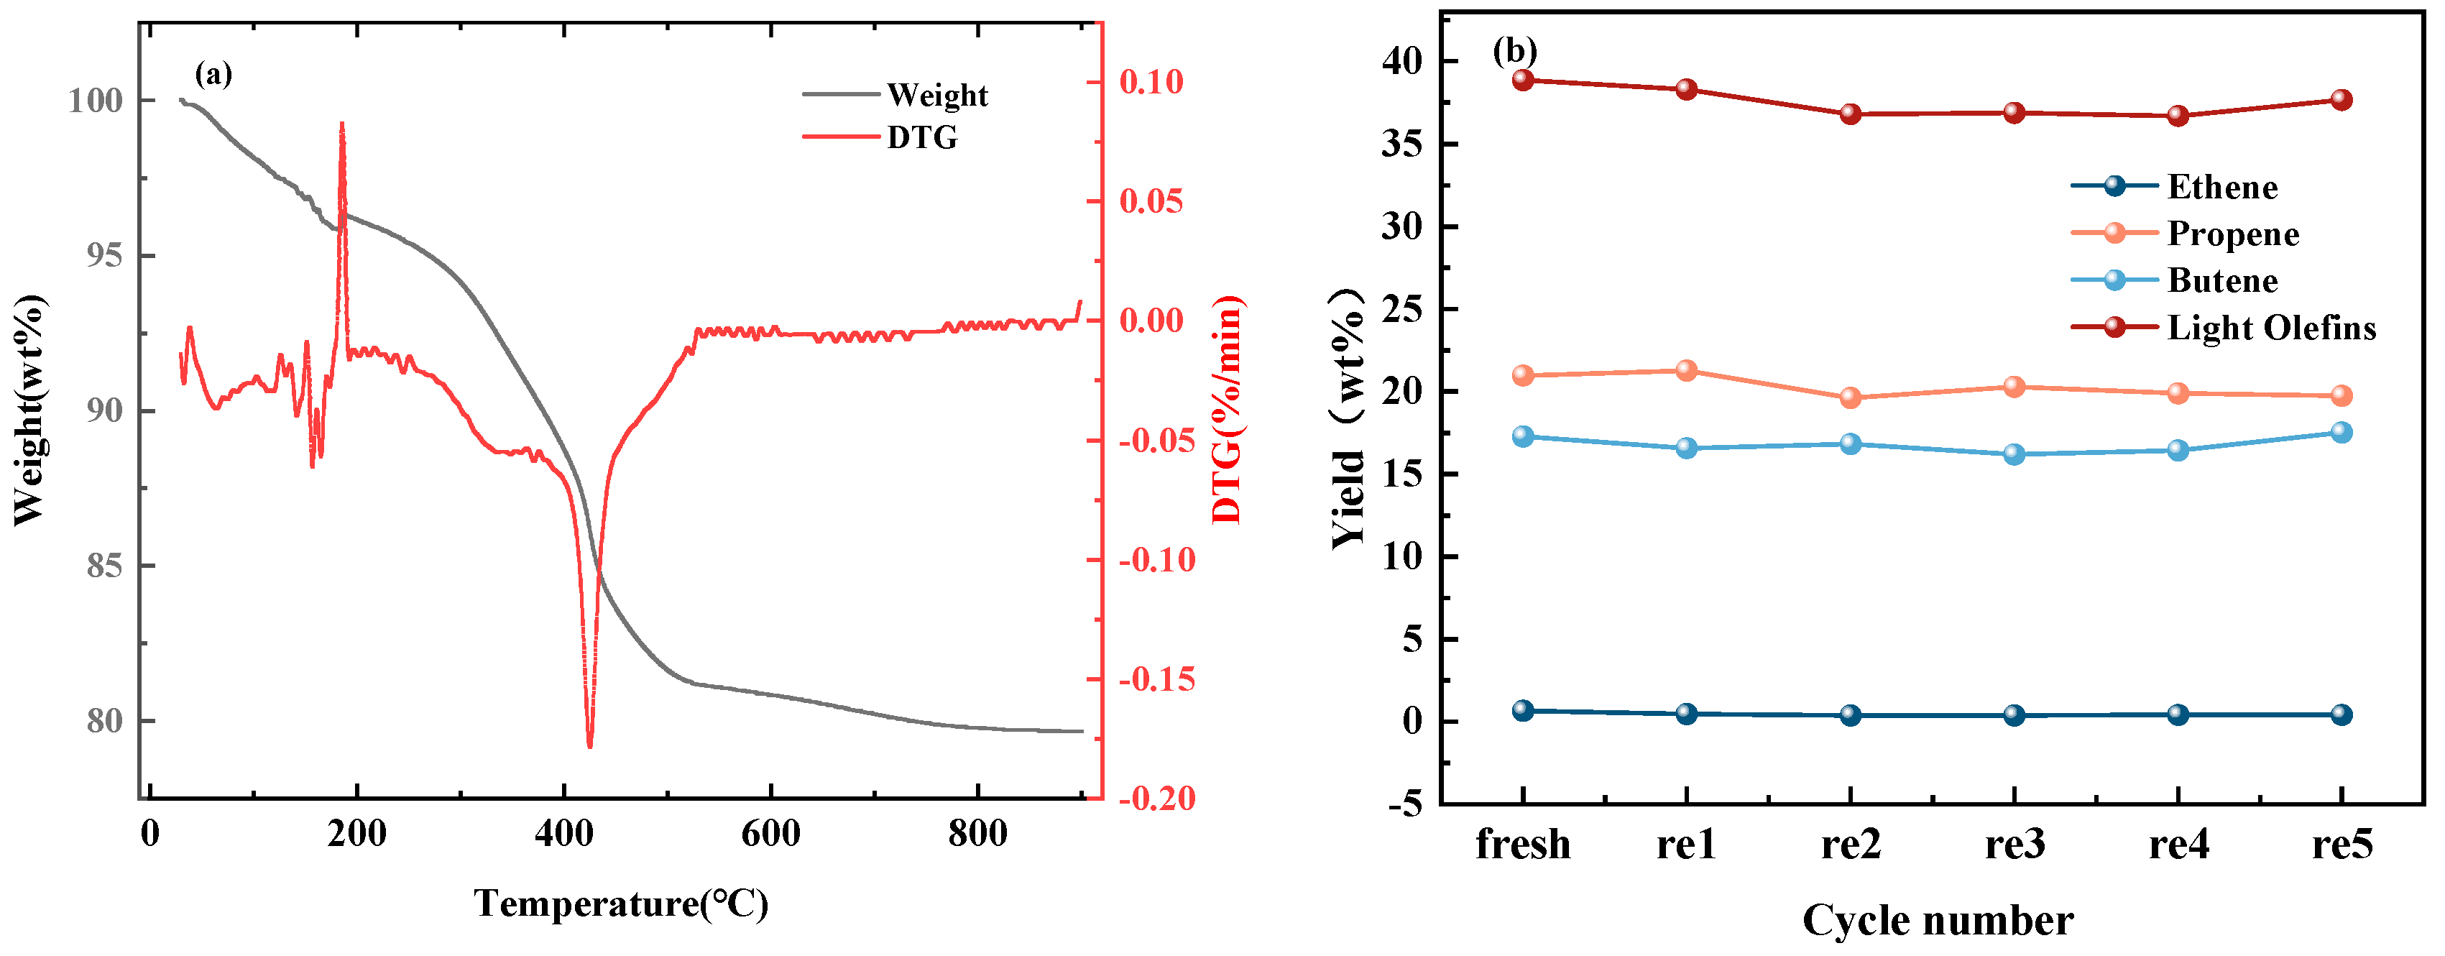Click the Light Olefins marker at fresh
pyautogui.click(x=1524, y=80)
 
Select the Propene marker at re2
pyautogui.click(x=1851, y=397)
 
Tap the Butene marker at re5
pyautogui.click(x=2342, y=432)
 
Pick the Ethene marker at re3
pyautogui.click(x=2014, y=715)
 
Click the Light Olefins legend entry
pyautogui.click(x=2270, y=328)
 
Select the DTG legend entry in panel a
pyautogui.click(x=921, y=138)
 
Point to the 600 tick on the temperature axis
pyautogui.click(x=770, y=834)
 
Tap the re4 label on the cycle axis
pyautogui.click(x=2178, y=844)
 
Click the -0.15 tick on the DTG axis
pyautogui.click(x=1156, y=680)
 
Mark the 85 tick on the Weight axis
pyautogui.click(x=104, y=566)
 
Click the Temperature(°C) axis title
pyautogui.click(x=621, y=903)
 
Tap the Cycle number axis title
pyautogui.click(x=1937, y=921)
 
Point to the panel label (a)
pyautogui.click(x=213, y=73)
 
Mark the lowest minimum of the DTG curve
pyautogui.click(x=589, y=747)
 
